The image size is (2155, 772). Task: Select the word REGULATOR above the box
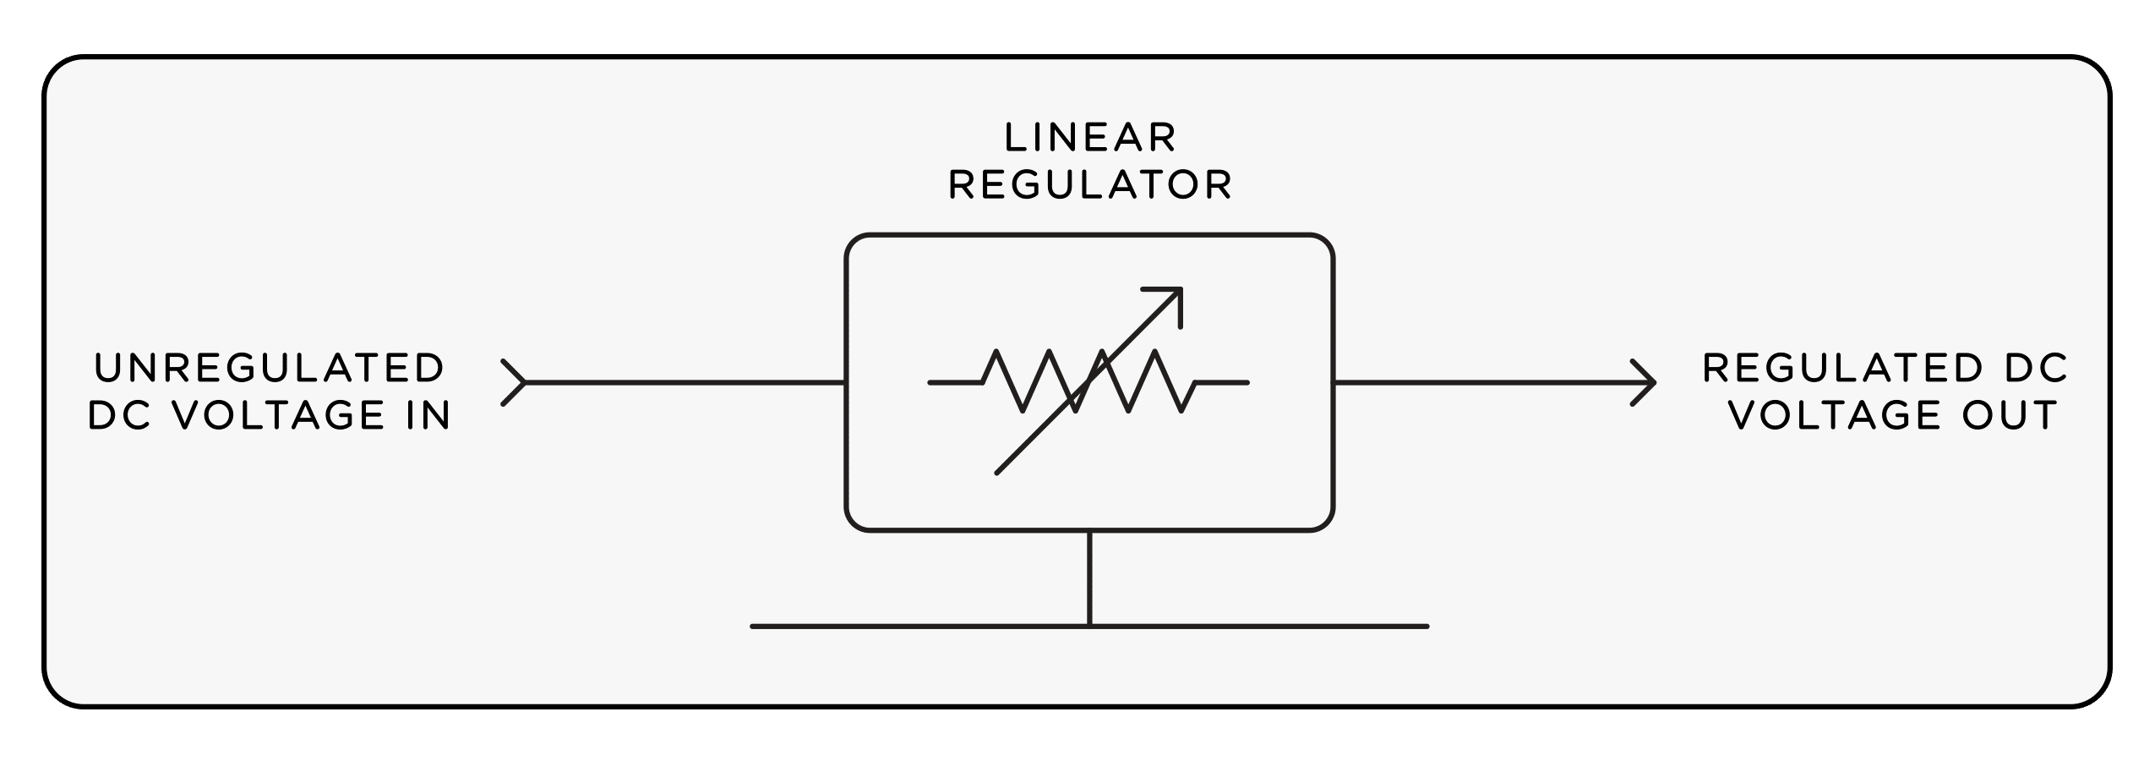1090,186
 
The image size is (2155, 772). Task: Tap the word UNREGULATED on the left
270,369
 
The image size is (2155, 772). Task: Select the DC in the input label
118,416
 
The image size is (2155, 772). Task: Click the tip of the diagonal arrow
1180,290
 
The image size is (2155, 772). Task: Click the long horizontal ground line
1268,627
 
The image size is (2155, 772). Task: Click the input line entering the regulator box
685,383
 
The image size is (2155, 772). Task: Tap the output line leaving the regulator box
1487,383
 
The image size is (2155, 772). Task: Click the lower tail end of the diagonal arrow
999,471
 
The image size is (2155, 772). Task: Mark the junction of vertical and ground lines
1089,627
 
